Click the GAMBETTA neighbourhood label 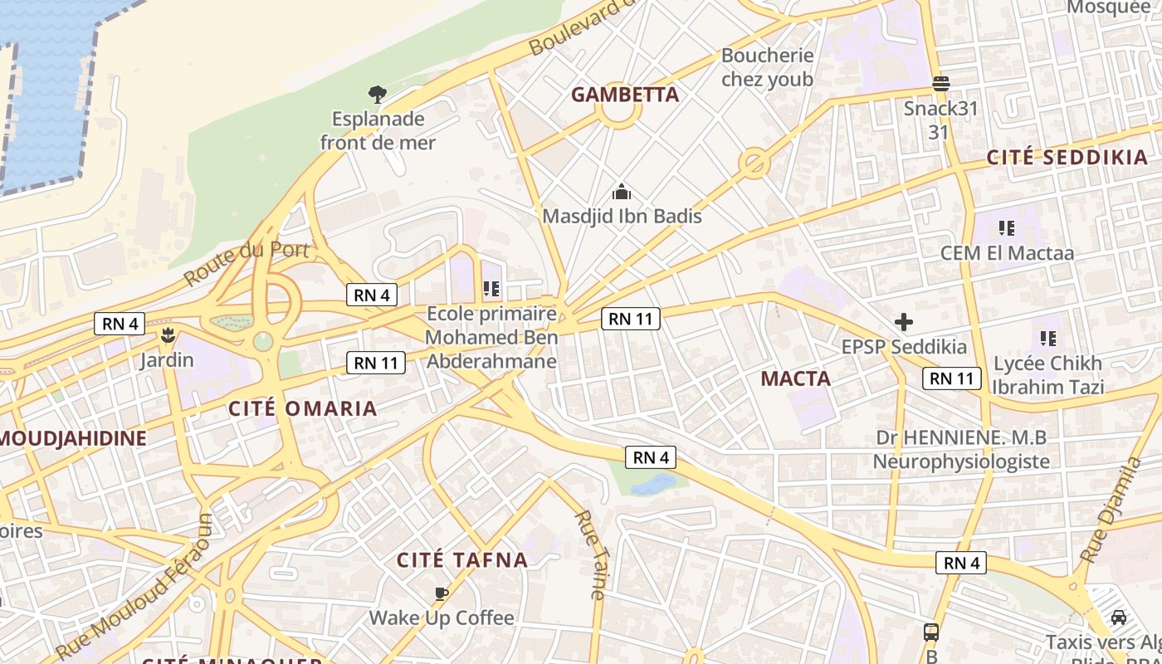tap(624, 95)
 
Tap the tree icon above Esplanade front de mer tap(378, 95)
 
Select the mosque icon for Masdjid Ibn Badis tap(622, 193)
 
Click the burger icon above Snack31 tap(940, 84)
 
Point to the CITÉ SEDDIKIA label tap(1067, 158)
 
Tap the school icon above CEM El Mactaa tap(1007, 228)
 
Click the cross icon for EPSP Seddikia tap(904, 322)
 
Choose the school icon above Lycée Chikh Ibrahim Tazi tap(1048, 339)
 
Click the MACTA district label tap(795, 379)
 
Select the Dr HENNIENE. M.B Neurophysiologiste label tap(961, 449)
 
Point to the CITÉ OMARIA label tap(303, 408)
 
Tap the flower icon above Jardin tap(168, 335)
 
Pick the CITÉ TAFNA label tap(462, 560)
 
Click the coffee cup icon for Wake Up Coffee tap(442, 593)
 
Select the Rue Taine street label tap(590, 554)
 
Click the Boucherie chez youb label tap(767, 67)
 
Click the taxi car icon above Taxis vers tap(1119, 618)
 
